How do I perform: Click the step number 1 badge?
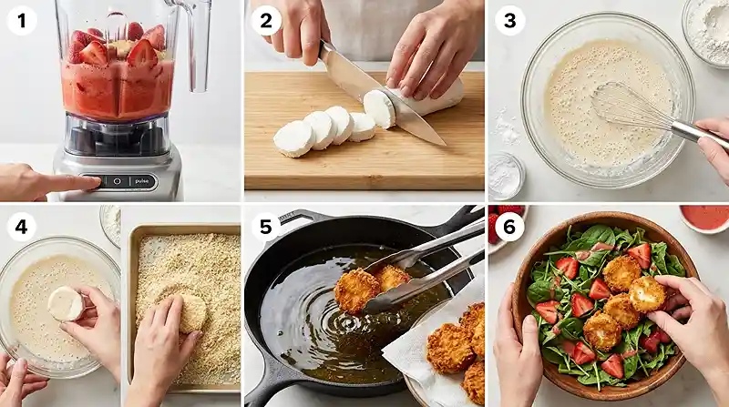click(x=22, y=21)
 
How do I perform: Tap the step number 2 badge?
click(x=266, y=21)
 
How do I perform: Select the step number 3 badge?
click(x=510, y=21)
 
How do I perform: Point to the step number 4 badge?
click(x=22, y=227)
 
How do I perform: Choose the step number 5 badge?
click(x=266, y=227)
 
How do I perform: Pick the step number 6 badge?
click(x=510, y=227)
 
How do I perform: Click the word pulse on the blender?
click(x=142, y=181)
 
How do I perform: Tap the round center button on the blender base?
click(x=117, y=181)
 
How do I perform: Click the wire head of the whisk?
click(x=630, y=107)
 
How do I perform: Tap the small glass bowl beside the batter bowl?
click(x=506, y=176)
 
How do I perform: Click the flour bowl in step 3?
click(x=707, y=30)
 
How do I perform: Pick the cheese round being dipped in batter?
click(x=66, y=303)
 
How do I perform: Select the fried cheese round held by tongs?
click(x=356, y=290)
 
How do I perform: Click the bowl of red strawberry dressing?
click(x=704, y=219)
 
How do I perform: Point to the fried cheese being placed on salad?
click(x=646, y=293)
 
